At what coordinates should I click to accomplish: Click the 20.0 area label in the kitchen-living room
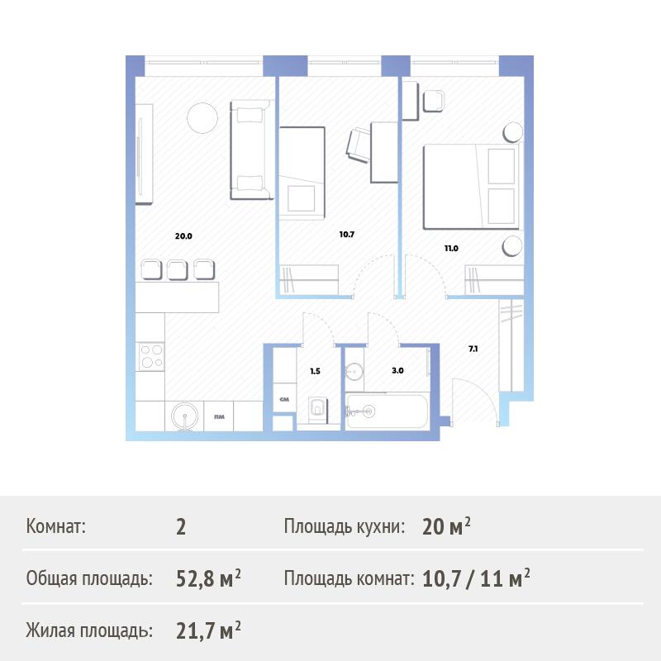point(183,236)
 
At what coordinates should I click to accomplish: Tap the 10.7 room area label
point(347,235)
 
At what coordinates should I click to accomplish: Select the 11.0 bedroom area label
point(451,249)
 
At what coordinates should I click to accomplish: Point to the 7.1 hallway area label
point(473,349)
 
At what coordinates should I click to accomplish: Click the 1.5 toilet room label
point(315,371)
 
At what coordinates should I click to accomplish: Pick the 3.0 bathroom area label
point(397,370)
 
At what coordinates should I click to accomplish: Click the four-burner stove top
point(151,356)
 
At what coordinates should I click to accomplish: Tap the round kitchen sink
point(184,416)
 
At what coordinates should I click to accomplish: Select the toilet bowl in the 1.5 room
point(317,409)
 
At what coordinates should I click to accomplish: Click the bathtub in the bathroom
point(387,411)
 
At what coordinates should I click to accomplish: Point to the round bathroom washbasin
point(354,371)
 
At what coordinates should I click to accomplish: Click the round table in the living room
point(202,118)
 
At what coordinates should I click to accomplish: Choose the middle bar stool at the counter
point(178,270)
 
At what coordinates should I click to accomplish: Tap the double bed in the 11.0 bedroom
point(471,187)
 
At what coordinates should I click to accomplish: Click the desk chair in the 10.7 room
point(359,145)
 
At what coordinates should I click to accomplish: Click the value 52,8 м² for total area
point(208,578)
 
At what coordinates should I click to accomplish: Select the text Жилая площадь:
point(89,630)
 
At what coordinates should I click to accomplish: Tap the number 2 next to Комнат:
point(181,526)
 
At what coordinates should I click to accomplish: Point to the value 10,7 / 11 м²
point(476,578)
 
